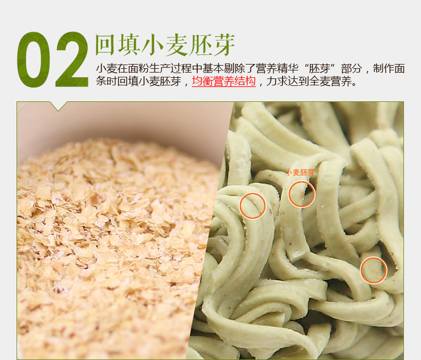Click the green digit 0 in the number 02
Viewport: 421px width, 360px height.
click(33, 59)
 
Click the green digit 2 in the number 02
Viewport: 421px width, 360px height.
click(72, 59)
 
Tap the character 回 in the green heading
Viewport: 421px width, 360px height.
click(106, 44)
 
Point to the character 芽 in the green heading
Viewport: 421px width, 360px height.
click(223, 44)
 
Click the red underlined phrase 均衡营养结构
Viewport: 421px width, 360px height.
click(224, 81)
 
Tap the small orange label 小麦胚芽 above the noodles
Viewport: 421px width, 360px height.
click(300, 172)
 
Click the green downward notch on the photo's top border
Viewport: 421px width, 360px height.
click(58, 106)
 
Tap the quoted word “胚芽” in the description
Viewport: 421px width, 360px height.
click(319, 69)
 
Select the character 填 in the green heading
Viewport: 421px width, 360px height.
click(129, 44)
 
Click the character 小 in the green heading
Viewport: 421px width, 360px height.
click(152, 44)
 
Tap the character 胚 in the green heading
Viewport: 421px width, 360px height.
click(200, 44)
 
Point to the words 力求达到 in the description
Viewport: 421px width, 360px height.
click(288, 81)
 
